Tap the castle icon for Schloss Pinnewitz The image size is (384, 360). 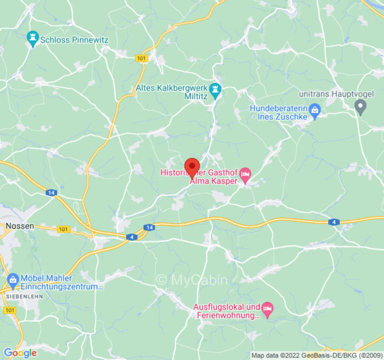(x=32, y=39)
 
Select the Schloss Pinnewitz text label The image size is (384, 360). (x=74, y=40)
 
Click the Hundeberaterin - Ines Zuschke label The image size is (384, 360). (x=279, y=112)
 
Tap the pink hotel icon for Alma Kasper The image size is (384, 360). (x=245, y=175)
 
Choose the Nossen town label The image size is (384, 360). (x=20, y=226)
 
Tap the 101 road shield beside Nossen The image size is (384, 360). (x=64, y=229)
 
